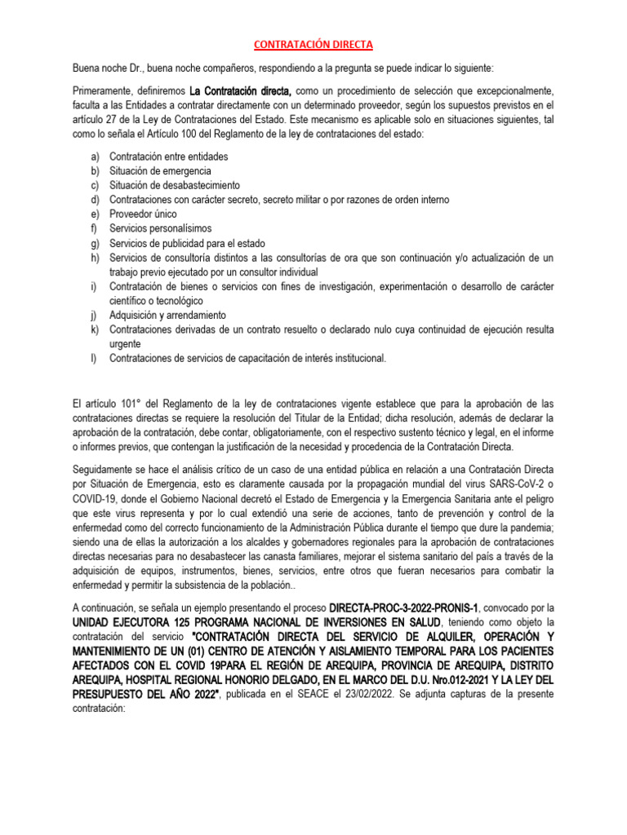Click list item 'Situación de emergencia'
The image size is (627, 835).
160,171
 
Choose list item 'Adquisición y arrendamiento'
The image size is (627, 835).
167,315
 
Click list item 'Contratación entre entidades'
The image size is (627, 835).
169,157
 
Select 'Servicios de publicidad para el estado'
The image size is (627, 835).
187,243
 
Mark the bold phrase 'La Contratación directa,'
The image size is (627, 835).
241,91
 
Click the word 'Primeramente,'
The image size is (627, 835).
102,91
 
